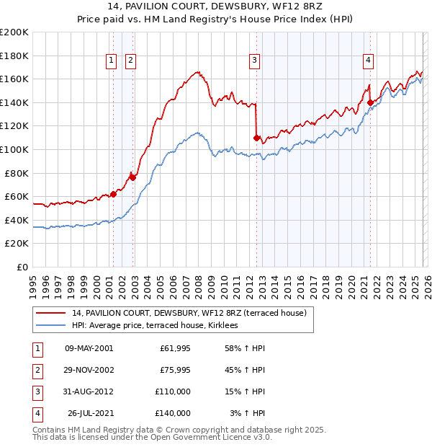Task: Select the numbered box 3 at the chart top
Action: [x=255, y=61]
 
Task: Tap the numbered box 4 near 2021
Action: [x=368, y=61]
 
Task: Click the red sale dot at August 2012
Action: [x=256, y=137]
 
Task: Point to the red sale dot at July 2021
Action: [x=370, y=102]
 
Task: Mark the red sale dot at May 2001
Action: [x=113, y=194]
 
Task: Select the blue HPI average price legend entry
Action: [x=155, y=325]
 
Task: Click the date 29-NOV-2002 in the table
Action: [x=89, y=371]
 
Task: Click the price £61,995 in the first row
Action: [x=173, y=348]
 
